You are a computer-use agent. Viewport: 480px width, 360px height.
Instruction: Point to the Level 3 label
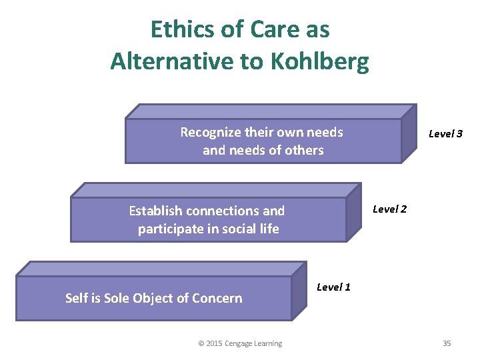(x=445, y=133)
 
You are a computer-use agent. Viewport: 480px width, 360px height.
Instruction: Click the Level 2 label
(x=389, y=209)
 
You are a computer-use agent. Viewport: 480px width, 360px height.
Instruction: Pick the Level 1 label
(x=333, y=287)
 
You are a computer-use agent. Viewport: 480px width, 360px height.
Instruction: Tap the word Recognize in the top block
(x=209, y=132)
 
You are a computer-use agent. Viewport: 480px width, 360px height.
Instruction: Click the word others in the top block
(x=303, y=150)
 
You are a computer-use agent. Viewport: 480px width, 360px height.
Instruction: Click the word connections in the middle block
(x=223, y=211)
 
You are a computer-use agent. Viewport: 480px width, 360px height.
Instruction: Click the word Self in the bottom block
(x=76, y=298)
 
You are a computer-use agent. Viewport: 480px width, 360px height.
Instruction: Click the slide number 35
(x=447, y=343)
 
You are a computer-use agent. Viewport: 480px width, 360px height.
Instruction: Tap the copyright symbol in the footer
(x=201, y=343)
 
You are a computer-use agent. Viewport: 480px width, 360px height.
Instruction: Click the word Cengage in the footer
(x=239, y=343)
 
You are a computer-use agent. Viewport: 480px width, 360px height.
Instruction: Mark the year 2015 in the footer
(x=214, y=343)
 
